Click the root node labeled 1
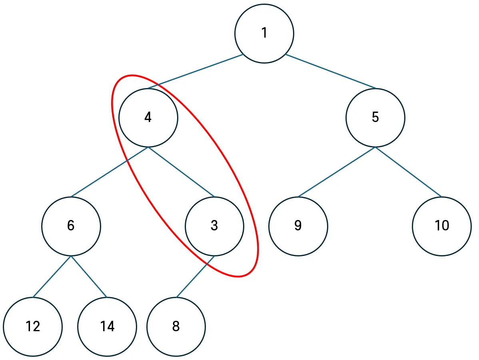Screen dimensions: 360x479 point(264,33)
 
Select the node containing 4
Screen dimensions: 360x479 point(148,118)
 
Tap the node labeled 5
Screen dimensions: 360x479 point(375,118)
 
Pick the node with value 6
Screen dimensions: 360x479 point(71,226)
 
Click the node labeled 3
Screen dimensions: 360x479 point(214,226)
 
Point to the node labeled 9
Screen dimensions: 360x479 point(298,226)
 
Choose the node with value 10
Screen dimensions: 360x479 point(442,226)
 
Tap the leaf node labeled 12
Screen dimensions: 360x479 point(33,327)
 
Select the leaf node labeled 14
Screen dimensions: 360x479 point(107,327)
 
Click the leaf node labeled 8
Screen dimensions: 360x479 point(176,327)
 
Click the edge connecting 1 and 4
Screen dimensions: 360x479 point(195,71)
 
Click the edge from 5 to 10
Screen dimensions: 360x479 point(408,172)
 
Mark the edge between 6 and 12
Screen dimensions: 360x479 point(52,276)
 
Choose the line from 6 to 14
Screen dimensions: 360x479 point(89,276)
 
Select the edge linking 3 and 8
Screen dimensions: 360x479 point(196,276)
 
